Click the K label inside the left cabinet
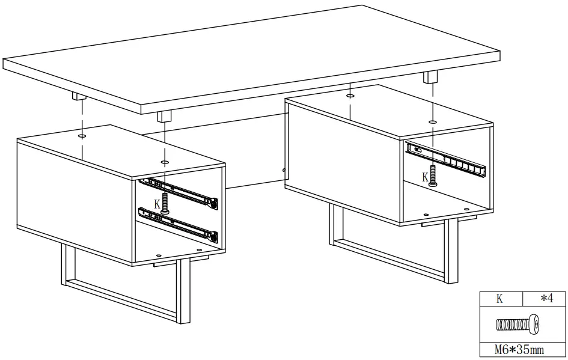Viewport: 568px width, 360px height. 157,204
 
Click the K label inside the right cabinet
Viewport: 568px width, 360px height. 426,177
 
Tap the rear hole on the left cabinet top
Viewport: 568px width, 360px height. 82,136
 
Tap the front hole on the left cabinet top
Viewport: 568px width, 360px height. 165,162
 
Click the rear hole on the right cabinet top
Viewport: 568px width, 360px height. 350,95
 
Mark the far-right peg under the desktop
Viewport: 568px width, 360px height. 431,78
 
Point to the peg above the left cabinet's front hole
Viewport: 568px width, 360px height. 164,115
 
